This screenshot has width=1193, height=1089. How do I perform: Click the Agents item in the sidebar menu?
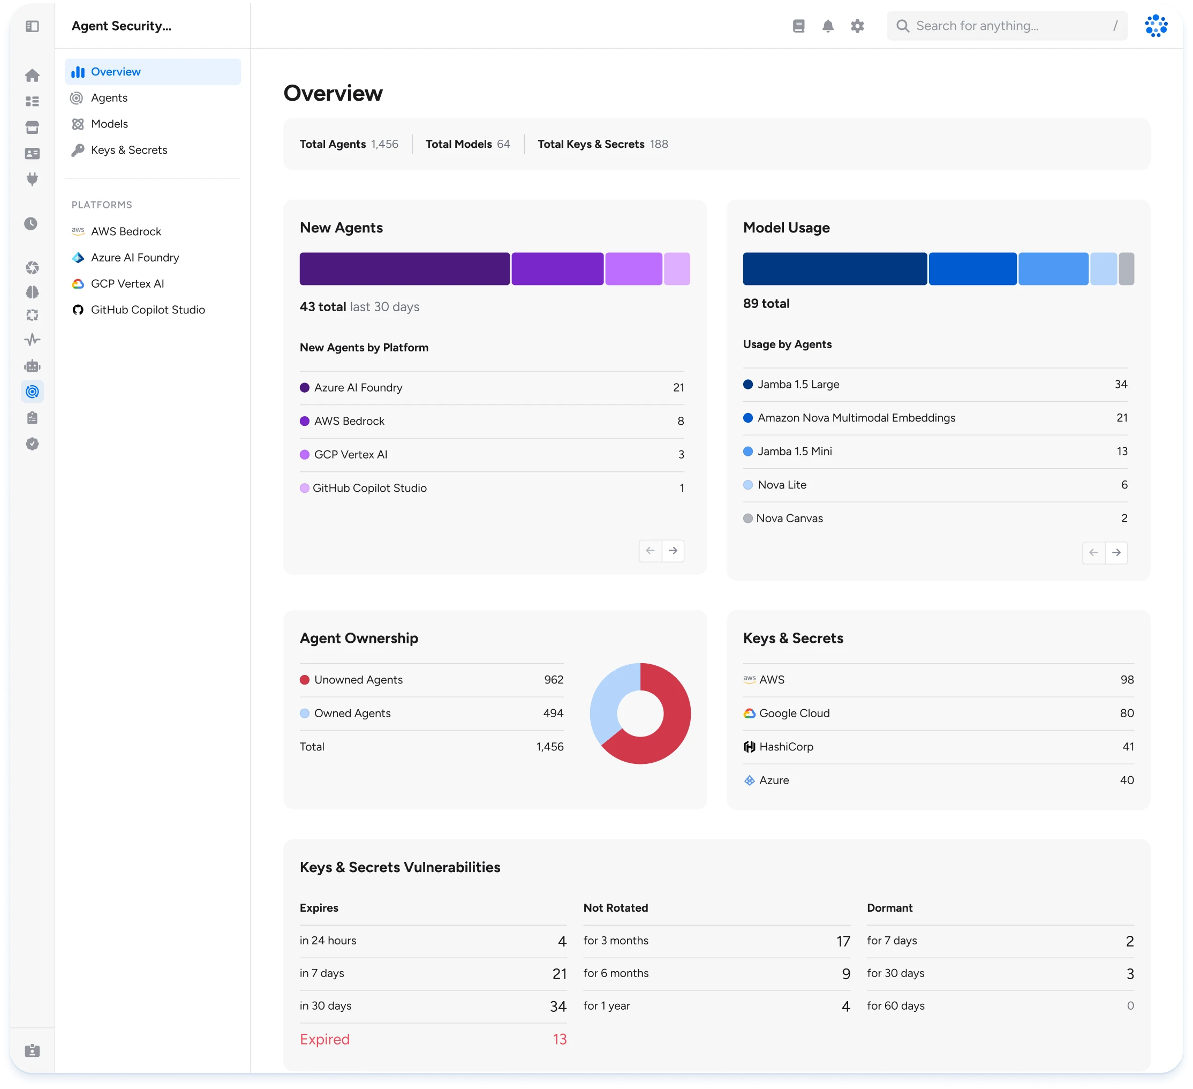(109, 97)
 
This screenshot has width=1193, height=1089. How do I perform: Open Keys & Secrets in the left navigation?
(129, 150)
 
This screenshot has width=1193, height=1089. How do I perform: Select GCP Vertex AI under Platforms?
(127, 283)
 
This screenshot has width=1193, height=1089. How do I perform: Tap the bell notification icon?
(828, 26)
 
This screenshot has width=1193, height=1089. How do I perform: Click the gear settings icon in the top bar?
(857, 26)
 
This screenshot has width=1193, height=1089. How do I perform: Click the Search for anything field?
(1006, 26)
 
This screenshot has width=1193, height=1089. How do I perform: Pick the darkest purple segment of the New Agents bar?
(404, 269)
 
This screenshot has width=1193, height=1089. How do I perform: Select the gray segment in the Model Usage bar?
(1127, 269)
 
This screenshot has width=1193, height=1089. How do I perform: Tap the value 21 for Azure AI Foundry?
(678, 388)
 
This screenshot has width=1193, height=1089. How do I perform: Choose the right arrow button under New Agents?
(673, 551)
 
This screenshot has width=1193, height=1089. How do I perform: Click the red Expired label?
(324, 1039)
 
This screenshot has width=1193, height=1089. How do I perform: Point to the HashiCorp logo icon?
(749, 747)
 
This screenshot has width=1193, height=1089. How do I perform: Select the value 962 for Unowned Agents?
(553, 679)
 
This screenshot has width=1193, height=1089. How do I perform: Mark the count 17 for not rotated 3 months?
(843, 941)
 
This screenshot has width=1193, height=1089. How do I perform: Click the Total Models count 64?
(503, 144)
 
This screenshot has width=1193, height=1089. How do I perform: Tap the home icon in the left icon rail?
(33, 75)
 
